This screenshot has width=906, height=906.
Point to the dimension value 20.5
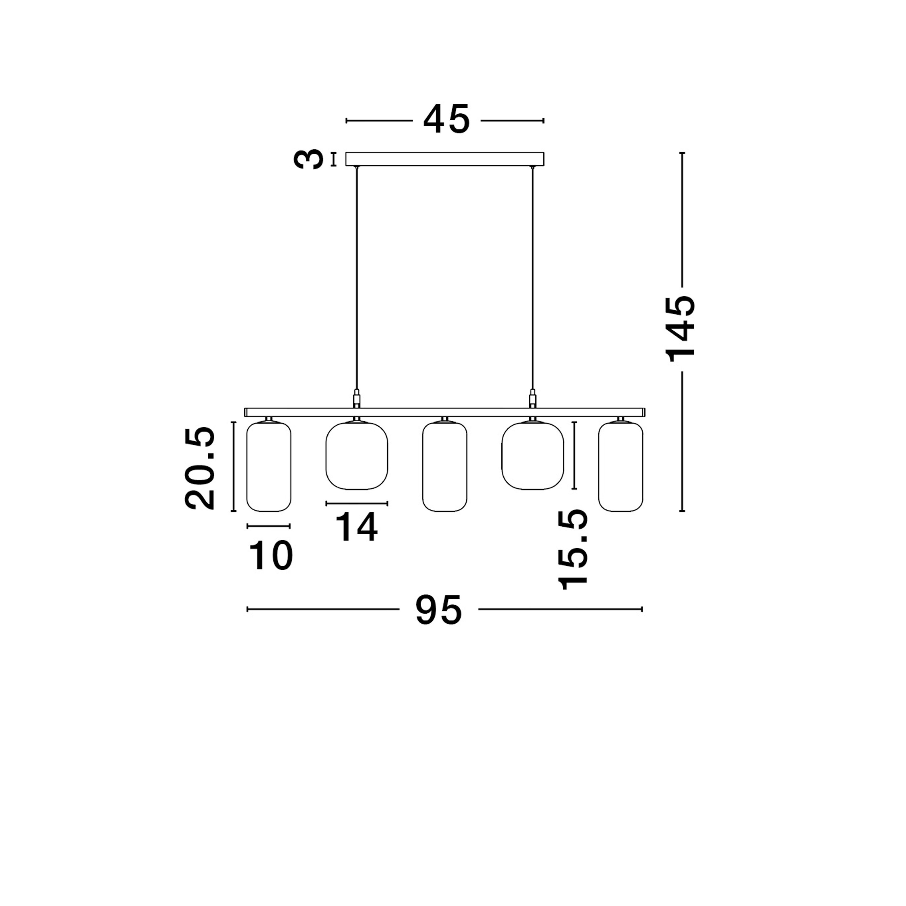[200, 468]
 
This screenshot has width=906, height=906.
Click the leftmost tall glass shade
[269, 466]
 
